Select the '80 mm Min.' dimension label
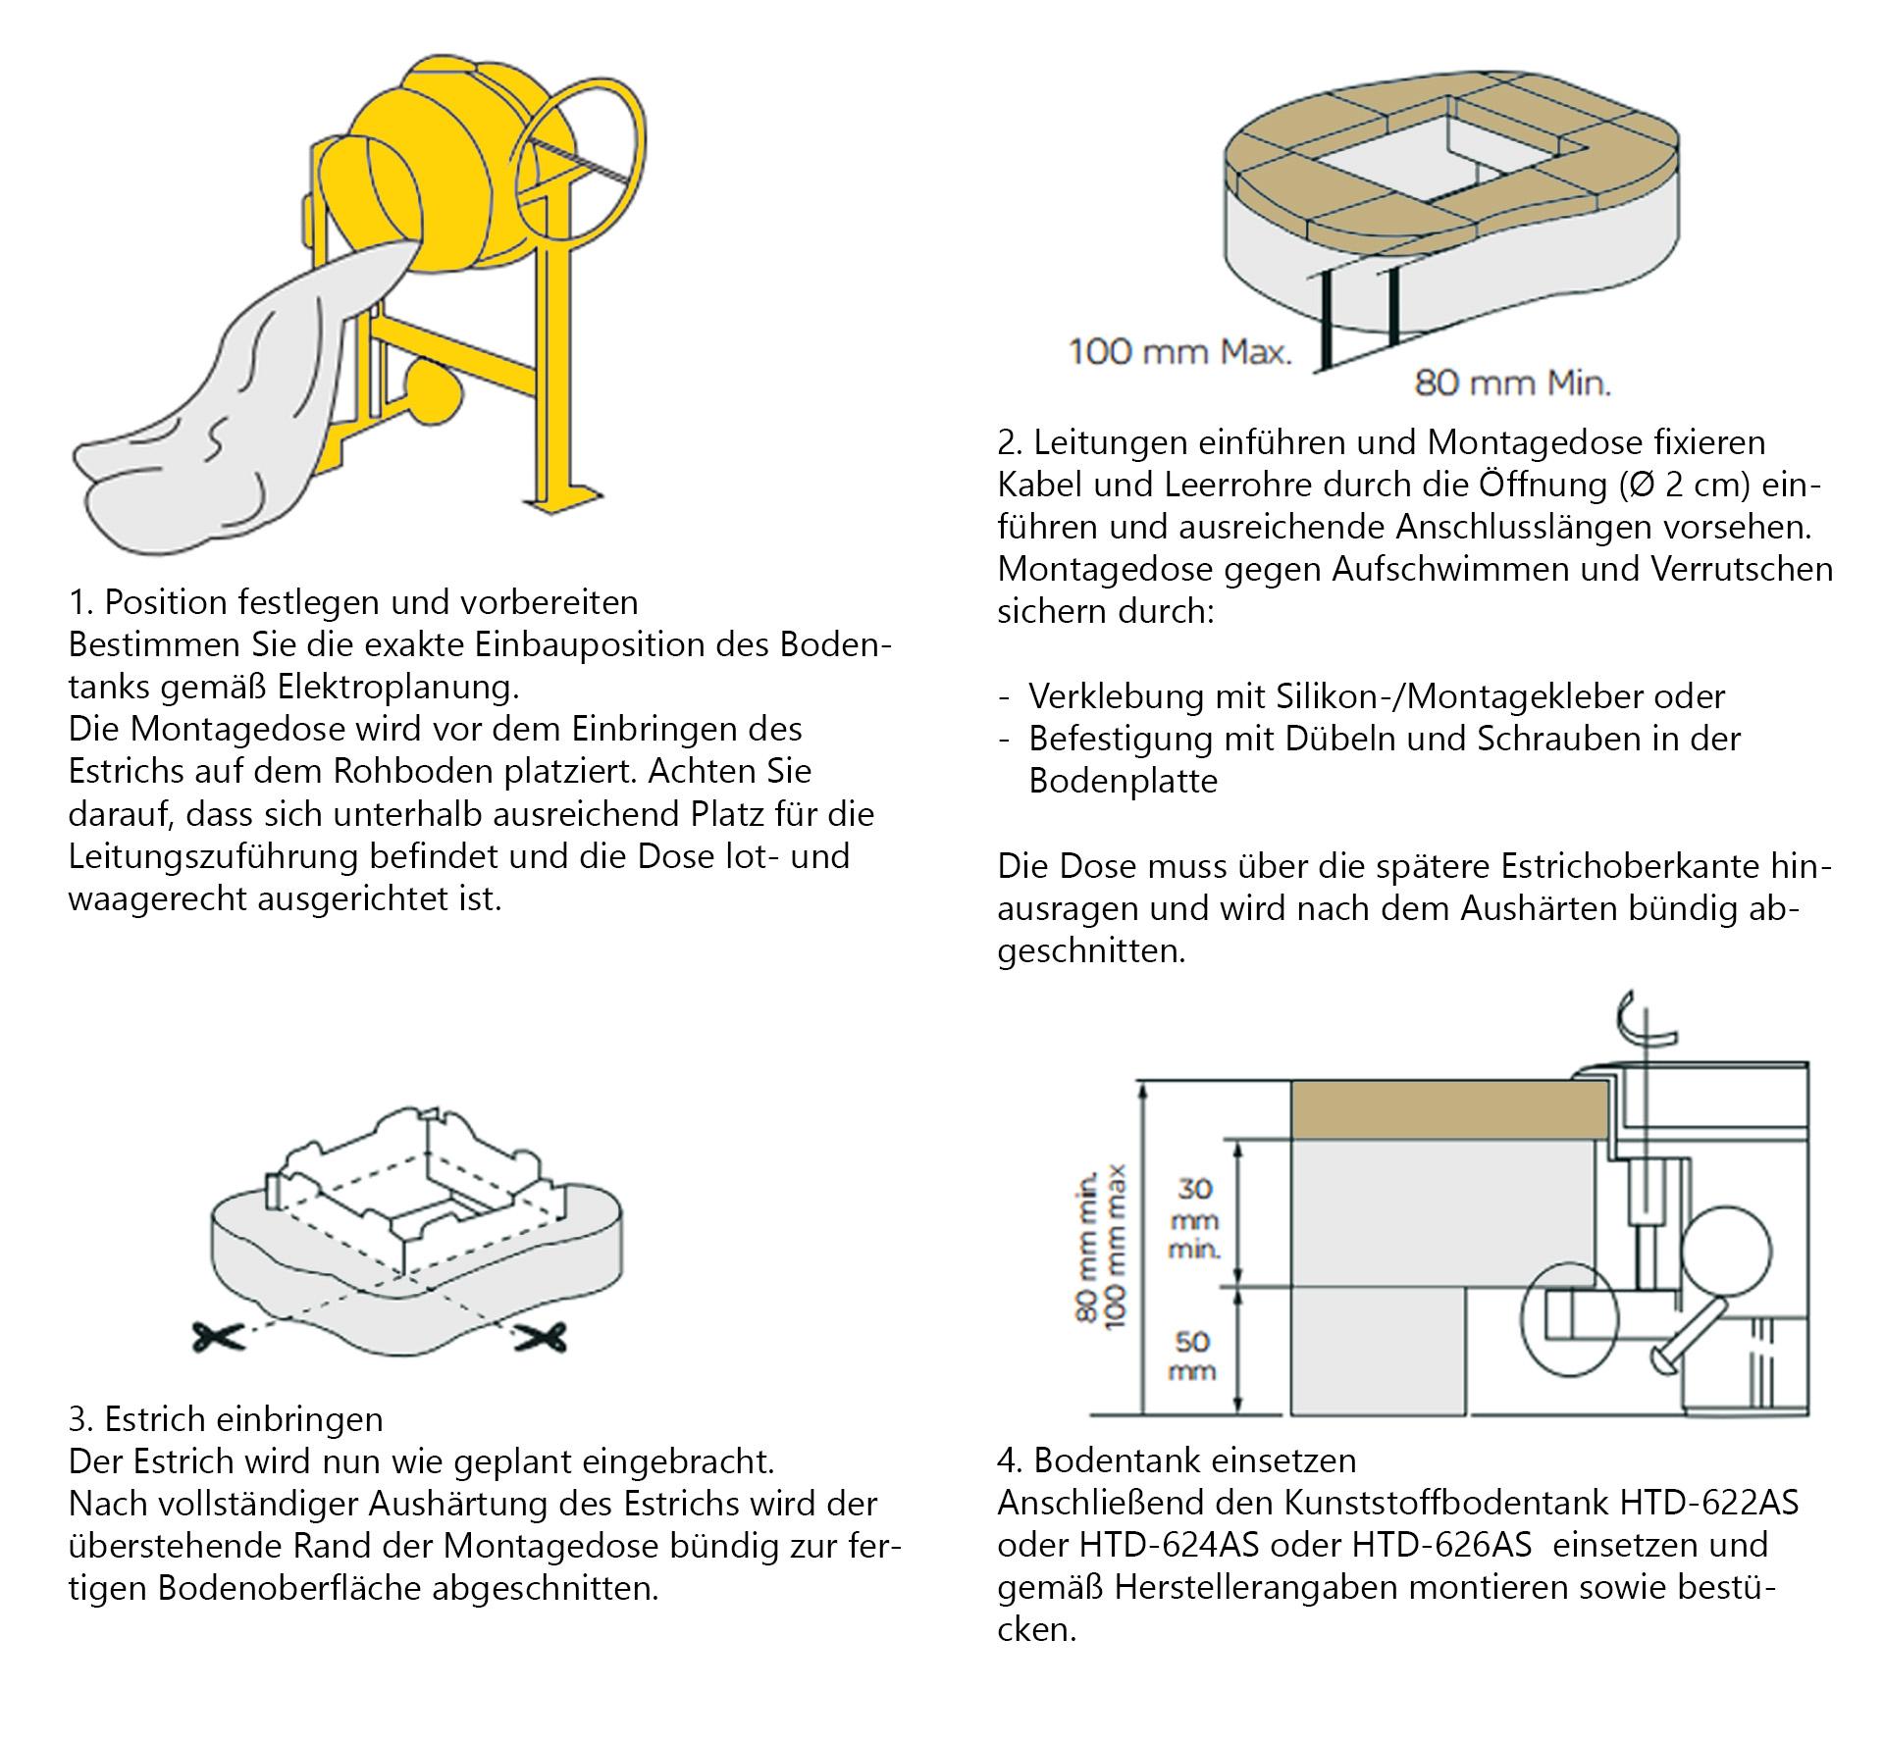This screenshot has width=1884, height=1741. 1512,383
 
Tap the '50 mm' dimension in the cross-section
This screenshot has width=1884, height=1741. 1192,1355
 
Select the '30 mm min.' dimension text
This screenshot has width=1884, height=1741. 1194,1218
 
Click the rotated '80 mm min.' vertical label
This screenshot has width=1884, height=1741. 1088,1245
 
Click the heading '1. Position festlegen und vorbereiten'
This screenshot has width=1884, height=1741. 353,601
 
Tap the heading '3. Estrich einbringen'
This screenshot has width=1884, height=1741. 226,1418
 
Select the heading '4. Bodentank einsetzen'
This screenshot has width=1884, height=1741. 1177,1460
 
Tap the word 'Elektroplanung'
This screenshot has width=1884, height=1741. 397,687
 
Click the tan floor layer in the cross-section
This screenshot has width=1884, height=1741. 1447,1109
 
